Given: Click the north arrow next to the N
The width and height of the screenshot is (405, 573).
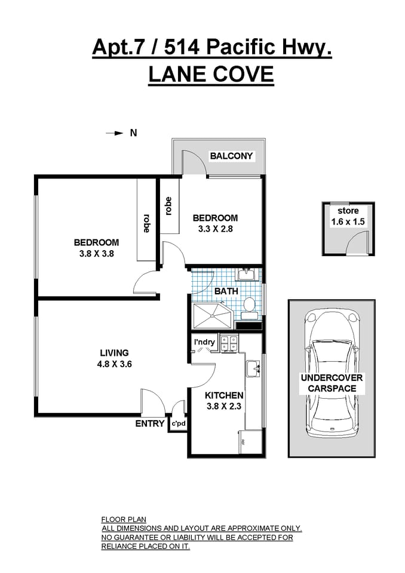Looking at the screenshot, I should (x=114, y=133).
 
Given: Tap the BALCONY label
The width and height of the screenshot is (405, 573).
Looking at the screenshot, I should (x=231, y=156).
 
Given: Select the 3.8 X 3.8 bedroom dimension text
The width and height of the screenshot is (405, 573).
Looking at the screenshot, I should (x=96, y=253).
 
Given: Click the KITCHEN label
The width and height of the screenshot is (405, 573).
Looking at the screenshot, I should (x=224, y=395).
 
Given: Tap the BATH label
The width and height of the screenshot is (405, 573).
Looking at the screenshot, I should (x=226, y=291).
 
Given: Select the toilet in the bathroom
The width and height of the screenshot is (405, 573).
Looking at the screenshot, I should (x=250, y=307).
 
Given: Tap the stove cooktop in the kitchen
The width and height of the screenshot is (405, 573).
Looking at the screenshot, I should (x=229, y=343).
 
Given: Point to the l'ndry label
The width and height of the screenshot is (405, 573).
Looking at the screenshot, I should (x=204, y=341).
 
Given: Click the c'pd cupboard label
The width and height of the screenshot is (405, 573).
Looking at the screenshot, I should (x=179, y=423).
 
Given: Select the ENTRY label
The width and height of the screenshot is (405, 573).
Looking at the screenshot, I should (x=150, y=423).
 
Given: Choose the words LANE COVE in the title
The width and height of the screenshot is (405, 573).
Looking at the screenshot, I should (x=211, y=75).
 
